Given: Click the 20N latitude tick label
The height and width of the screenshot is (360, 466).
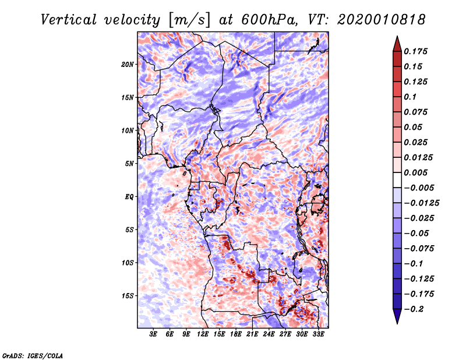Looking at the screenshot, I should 128,64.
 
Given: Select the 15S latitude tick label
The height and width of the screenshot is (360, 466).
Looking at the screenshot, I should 128,296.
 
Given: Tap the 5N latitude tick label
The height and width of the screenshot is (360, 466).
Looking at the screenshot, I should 129,164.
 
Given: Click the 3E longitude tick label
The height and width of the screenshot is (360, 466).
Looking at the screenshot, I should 153,335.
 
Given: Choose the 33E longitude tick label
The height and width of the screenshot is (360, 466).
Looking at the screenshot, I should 319,335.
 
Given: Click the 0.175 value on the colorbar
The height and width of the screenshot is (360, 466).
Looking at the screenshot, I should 416,51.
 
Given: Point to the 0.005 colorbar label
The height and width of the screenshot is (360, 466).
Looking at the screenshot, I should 416,172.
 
